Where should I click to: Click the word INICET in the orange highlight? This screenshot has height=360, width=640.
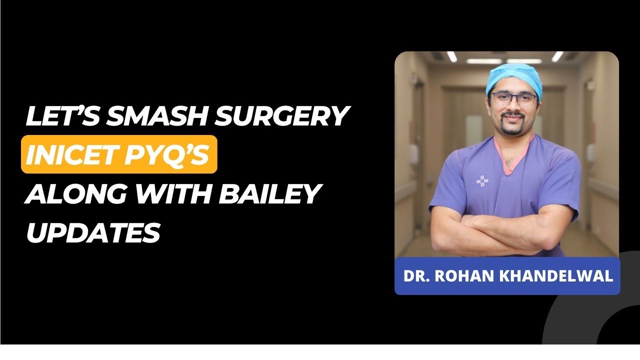coord(67,154)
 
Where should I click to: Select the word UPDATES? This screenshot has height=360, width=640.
coord(93,232)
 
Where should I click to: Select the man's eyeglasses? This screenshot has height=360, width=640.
coord(513,98)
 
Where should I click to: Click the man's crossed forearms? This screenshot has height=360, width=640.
coord(505,235)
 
